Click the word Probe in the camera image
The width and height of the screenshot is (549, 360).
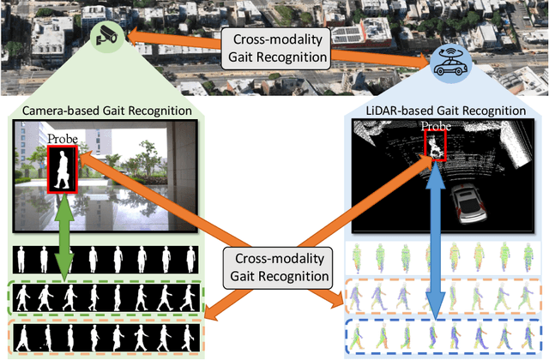[63, 139]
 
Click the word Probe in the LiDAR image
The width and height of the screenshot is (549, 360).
[436, 127]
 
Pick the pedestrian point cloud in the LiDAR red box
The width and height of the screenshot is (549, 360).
[436, 147]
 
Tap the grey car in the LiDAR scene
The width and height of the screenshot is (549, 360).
[472, 202]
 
